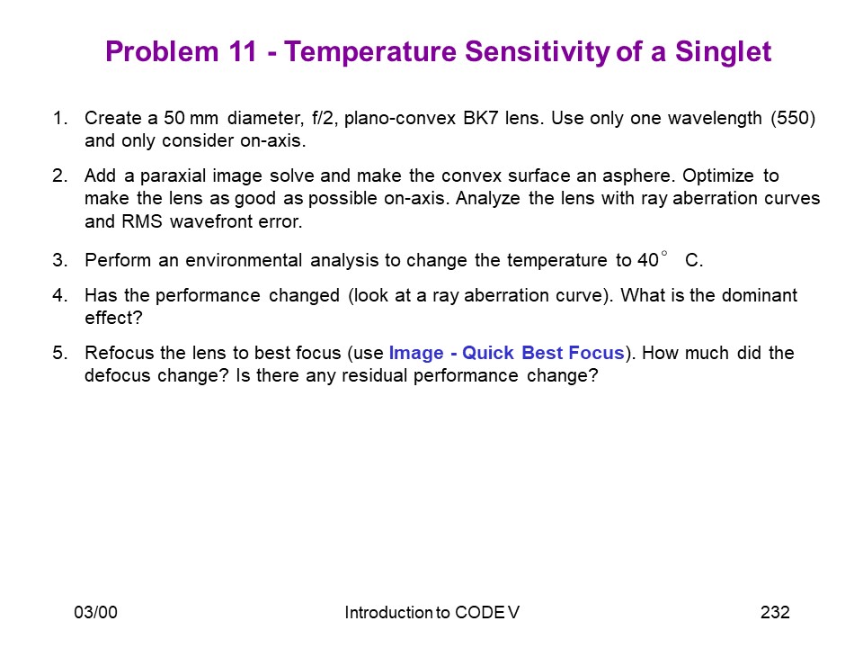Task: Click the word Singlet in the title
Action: [x=723, y=52]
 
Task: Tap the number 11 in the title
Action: [x=242, y=51]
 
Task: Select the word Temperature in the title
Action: [x=370, y=52]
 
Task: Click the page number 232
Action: [x=775, y=612]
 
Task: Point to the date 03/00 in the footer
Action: [x=96, y=612]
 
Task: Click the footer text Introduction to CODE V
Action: [x=432, y=612]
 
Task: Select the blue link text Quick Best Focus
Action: [x=543, y=353]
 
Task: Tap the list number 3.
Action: [x=60, y=260]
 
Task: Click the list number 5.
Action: [x=60, y=353]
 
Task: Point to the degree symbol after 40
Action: [x=664, y=254]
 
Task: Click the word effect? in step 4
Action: [x=113, y=318]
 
